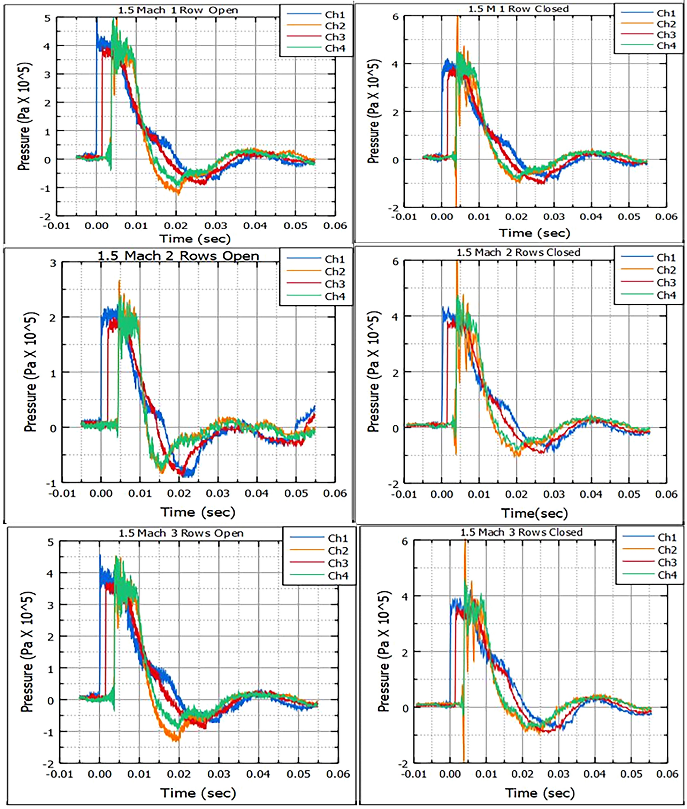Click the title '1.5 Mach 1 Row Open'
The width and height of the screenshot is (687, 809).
coord(178,10)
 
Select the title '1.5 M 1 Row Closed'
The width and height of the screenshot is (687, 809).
coord(518,9)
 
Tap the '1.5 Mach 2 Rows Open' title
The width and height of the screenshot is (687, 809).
coord(178,256)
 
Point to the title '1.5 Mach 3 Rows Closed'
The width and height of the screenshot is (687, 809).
coord(521,532)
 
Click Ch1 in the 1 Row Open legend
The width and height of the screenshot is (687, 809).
coord(335,15)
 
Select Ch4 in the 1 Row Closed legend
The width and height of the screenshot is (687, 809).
coord(666,46)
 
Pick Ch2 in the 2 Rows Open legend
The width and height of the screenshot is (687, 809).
coord(335,271)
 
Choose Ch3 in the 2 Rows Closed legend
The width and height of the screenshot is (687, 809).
coord(666,283)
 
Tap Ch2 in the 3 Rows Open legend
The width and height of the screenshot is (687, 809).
coord(338,551)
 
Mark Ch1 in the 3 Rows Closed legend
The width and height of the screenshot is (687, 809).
coord(667,538)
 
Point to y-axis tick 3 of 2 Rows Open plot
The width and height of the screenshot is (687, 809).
coord(53,263)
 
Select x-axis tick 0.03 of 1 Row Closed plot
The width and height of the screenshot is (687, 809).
coord(554,216)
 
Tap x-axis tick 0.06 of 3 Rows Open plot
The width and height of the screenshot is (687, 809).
coord(338,774)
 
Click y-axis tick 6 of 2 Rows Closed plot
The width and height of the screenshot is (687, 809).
coord(395,262)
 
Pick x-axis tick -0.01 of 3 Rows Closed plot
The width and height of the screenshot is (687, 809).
coord(413,773)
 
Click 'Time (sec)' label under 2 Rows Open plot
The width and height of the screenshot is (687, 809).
coord(198,513)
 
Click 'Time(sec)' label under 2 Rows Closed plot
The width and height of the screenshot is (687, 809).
coord(534,514)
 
